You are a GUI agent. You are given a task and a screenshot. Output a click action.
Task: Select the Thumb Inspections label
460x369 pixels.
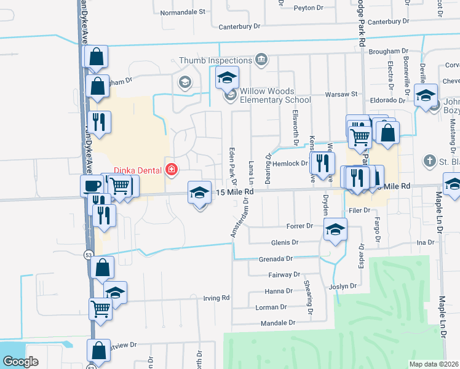(215, 60)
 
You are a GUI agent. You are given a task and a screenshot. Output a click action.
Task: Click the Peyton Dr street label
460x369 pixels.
(309, 8)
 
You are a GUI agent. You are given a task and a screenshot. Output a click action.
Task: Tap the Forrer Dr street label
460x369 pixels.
(300, 226)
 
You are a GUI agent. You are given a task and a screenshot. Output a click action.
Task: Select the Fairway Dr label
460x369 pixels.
(284, 275)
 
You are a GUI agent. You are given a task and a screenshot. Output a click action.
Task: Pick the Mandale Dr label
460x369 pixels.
(279, 322)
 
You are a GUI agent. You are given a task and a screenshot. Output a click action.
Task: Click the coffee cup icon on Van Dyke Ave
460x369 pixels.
(92, 185)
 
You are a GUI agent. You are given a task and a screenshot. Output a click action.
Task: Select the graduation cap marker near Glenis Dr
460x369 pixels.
(335, 231)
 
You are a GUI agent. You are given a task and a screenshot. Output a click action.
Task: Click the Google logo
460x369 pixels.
(20, 362)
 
